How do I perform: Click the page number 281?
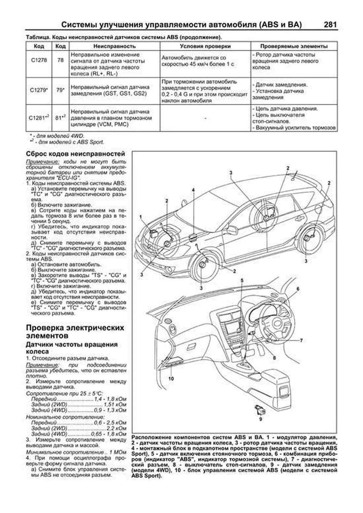[x=330, y=24]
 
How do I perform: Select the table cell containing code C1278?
[x=39, y=60]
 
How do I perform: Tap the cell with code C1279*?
[x=39, y=90]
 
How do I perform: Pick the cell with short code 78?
[x=60, y=60]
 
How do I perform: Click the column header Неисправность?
[x=114, y=46]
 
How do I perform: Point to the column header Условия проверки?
[x=205, y=46]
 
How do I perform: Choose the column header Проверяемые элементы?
[x=294, y=46]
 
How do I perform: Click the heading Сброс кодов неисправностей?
[x=75, y=154]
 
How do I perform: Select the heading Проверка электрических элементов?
[x=75, y=332]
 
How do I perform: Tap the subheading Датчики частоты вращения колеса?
[x=72, y=348]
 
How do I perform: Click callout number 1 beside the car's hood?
[x=141, y=217]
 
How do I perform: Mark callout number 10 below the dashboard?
[x=171, y=378]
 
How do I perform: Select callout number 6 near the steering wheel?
[x=298, y=289]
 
